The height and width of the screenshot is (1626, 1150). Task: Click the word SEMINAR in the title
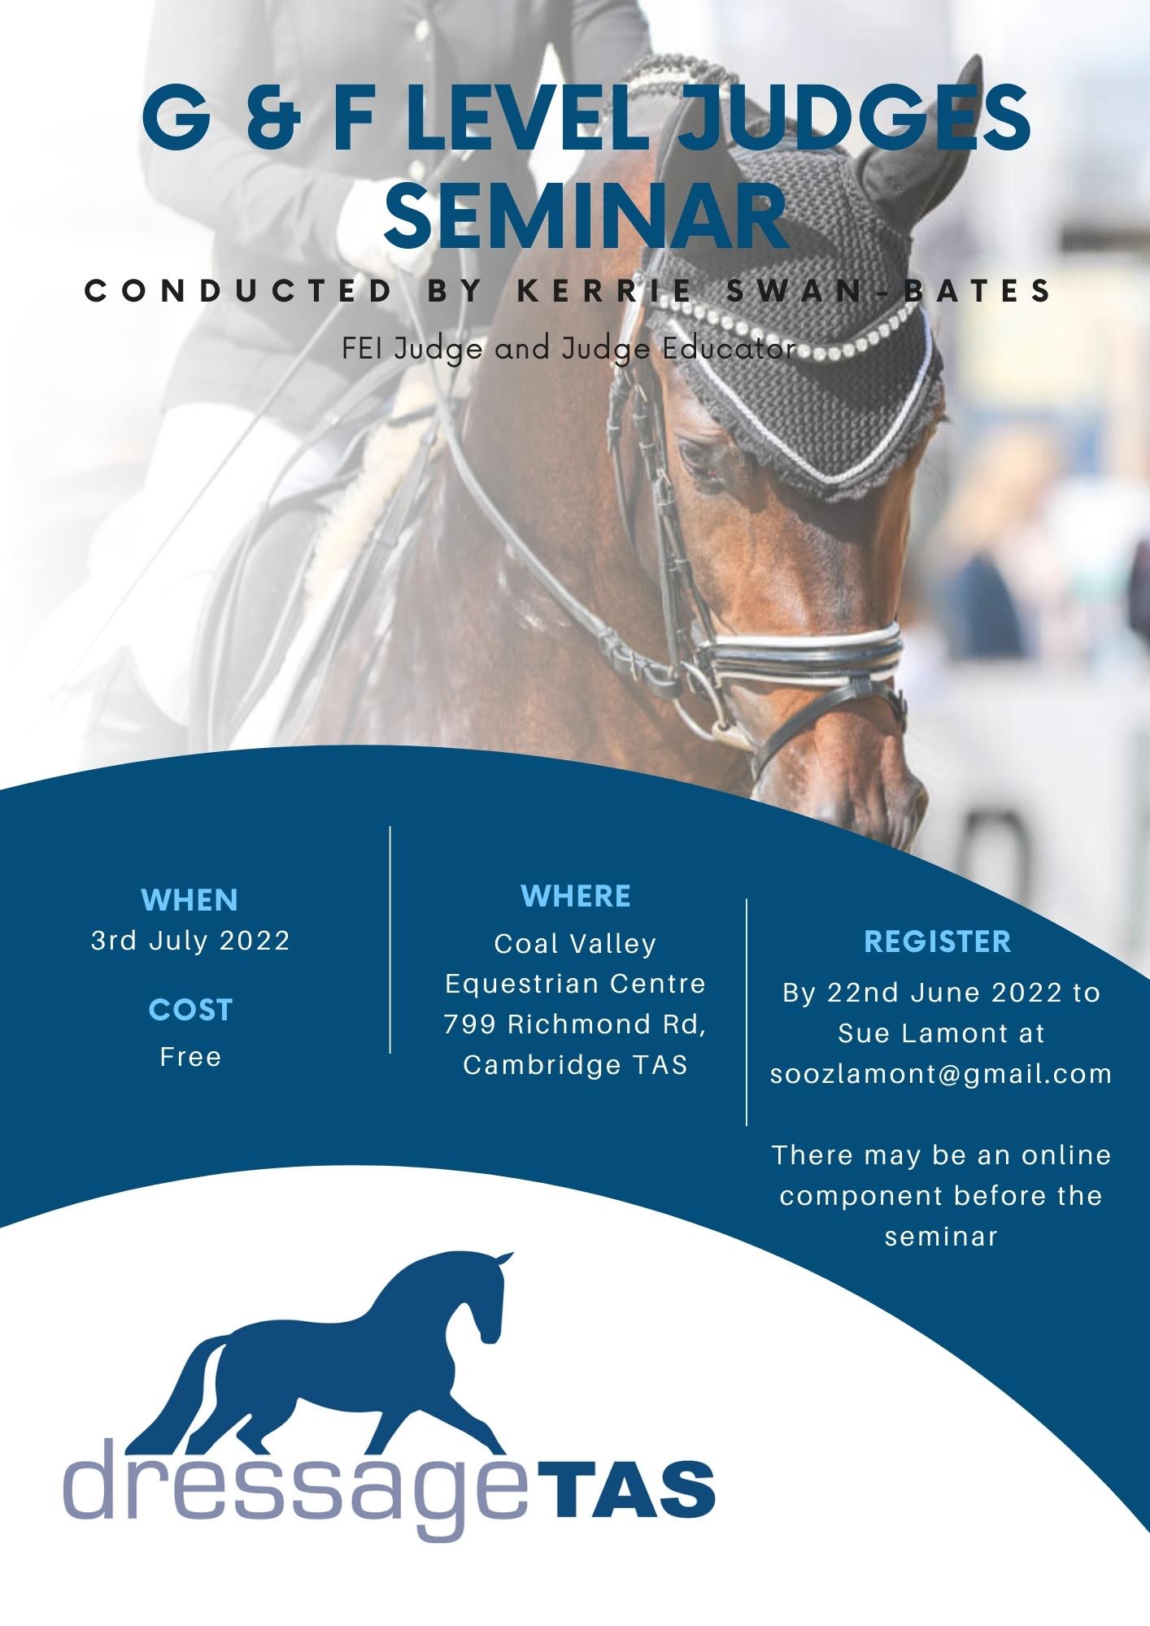tap(586, 214)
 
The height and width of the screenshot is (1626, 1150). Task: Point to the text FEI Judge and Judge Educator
tap(568, 349)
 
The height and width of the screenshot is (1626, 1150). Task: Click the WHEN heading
tap(189, 900)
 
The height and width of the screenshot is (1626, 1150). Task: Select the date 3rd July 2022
tap(190, 941)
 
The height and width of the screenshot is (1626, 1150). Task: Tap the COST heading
tap(190, 1010)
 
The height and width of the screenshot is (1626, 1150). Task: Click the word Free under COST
tap(190, 1056)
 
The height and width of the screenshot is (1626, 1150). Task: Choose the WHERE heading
tap(575, 896)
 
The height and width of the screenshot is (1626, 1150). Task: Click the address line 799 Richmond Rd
tap(575, 1024)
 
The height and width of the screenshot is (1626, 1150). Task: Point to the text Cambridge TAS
tap(575, 1064)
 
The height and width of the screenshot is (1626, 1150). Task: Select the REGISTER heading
tap(937, 941)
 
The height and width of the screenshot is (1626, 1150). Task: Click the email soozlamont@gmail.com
tap(941, 1074)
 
